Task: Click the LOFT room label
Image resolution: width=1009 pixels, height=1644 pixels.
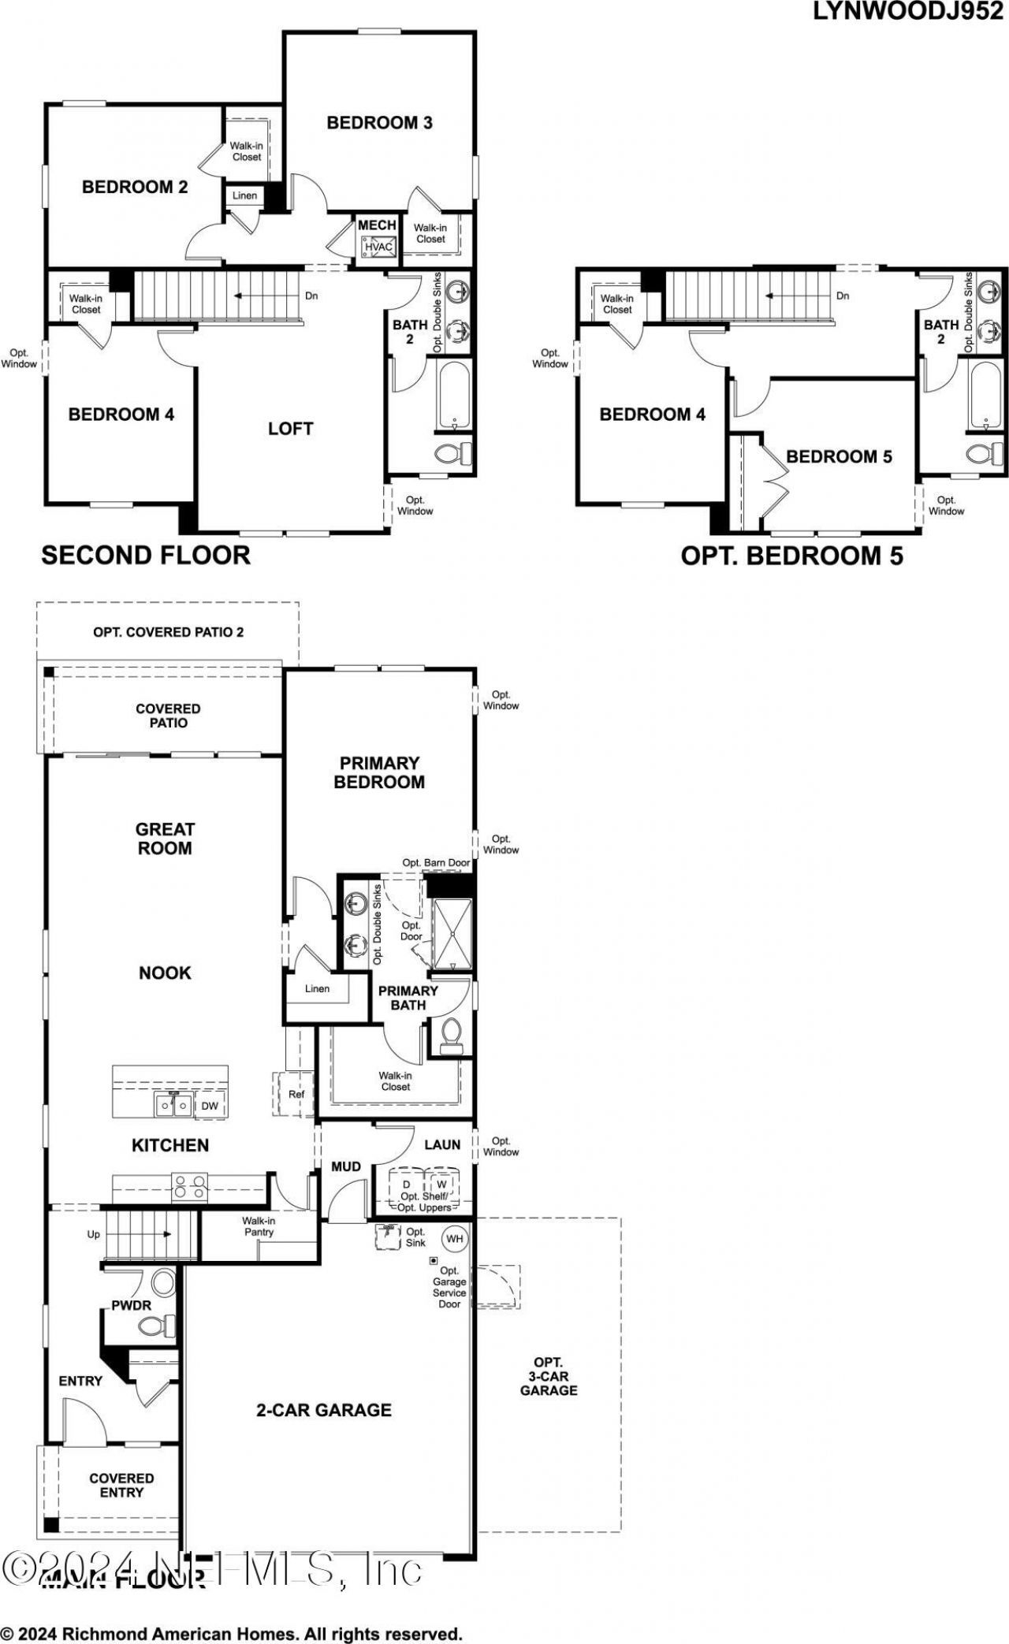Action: [x=290, y=429]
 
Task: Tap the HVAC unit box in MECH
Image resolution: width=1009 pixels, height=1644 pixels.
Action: [x=378, y=247]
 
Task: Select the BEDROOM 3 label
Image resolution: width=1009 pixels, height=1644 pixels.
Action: [x=379, y=123]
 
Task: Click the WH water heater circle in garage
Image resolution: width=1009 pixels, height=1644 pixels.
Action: [x=454, y=1238]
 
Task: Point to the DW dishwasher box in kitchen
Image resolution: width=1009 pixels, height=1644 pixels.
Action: [x=210, y=1106]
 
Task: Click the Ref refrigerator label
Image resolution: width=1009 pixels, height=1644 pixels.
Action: [x=296, y=1094]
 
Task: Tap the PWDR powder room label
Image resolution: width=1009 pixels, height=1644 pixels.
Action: [x=131, y=1305]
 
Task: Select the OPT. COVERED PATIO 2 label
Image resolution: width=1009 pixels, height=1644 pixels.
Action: [x=168, y=632]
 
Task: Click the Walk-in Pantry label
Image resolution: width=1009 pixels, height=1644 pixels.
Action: [x=259, y=1226]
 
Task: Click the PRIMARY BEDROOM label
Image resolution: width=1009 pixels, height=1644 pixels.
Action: [x=379, y=772]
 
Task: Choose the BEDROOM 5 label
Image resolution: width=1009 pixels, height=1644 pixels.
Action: [x=839, y=457]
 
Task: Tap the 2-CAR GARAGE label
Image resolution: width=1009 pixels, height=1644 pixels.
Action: [x=324, y=1410]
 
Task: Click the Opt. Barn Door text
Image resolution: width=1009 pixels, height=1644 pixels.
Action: [x=436, y=862]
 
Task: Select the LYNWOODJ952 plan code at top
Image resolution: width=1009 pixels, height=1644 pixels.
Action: [x=907, y=12]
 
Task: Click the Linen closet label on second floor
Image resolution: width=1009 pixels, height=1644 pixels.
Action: [x=244, y=195]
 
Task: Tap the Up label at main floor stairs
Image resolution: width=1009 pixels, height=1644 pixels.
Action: [x=94, y=1234]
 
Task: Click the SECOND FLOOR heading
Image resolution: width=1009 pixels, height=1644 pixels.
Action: [x=146, y=555]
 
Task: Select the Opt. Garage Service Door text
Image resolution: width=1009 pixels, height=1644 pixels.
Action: [x=449, y=1287]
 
